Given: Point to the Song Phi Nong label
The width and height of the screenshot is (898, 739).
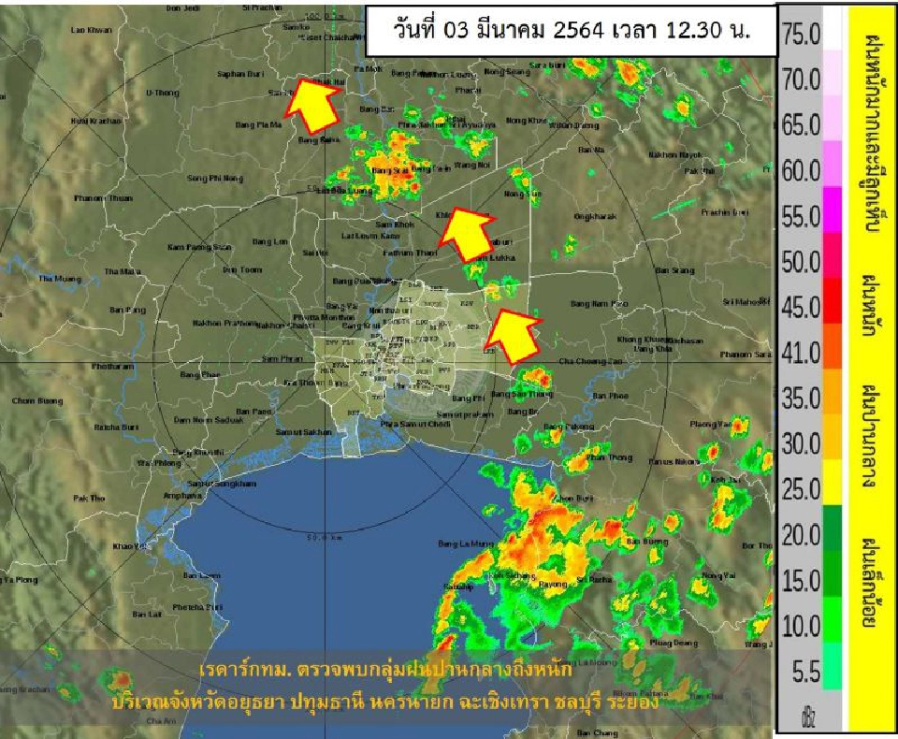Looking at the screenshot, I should pyautogui.click(x=215, y=178).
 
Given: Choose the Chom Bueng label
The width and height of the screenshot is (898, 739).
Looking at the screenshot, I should pyautogui.click(x=33, y=400).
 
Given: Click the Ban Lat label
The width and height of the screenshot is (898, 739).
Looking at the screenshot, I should pyautogui.click(x=147, y=614).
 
